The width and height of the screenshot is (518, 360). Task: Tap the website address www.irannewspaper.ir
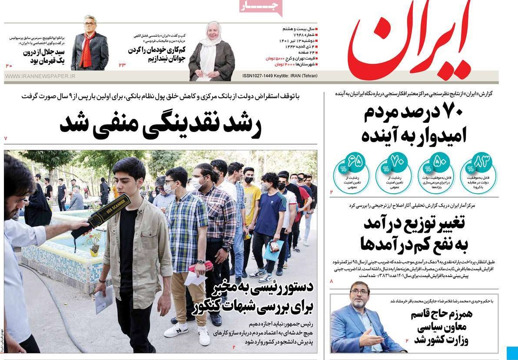(40, 76)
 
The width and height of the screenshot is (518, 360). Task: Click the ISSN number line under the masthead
(280, 76)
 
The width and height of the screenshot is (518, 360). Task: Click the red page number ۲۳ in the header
(122, 65)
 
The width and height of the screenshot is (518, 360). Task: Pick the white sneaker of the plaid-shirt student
(176, 331)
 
